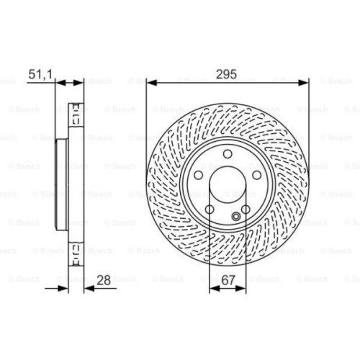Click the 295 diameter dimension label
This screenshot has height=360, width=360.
[x=228, y=73]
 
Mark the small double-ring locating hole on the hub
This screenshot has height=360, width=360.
[x=238, y=216]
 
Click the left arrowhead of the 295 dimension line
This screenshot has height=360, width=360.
[x=150, y=83]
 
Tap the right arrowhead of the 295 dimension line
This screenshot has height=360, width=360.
[x=306, y=83]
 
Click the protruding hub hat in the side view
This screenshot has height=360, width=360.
[x=63, y=184]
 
